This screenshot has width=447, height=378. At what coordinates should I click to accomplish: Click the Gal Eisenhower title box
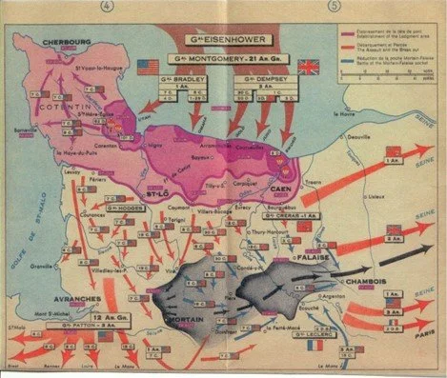pyautogui.click(x=222, y=42)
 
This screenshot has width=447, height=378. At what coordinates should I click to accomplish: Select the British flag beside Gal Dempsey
pyautogui.click(x=308, y=67)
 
